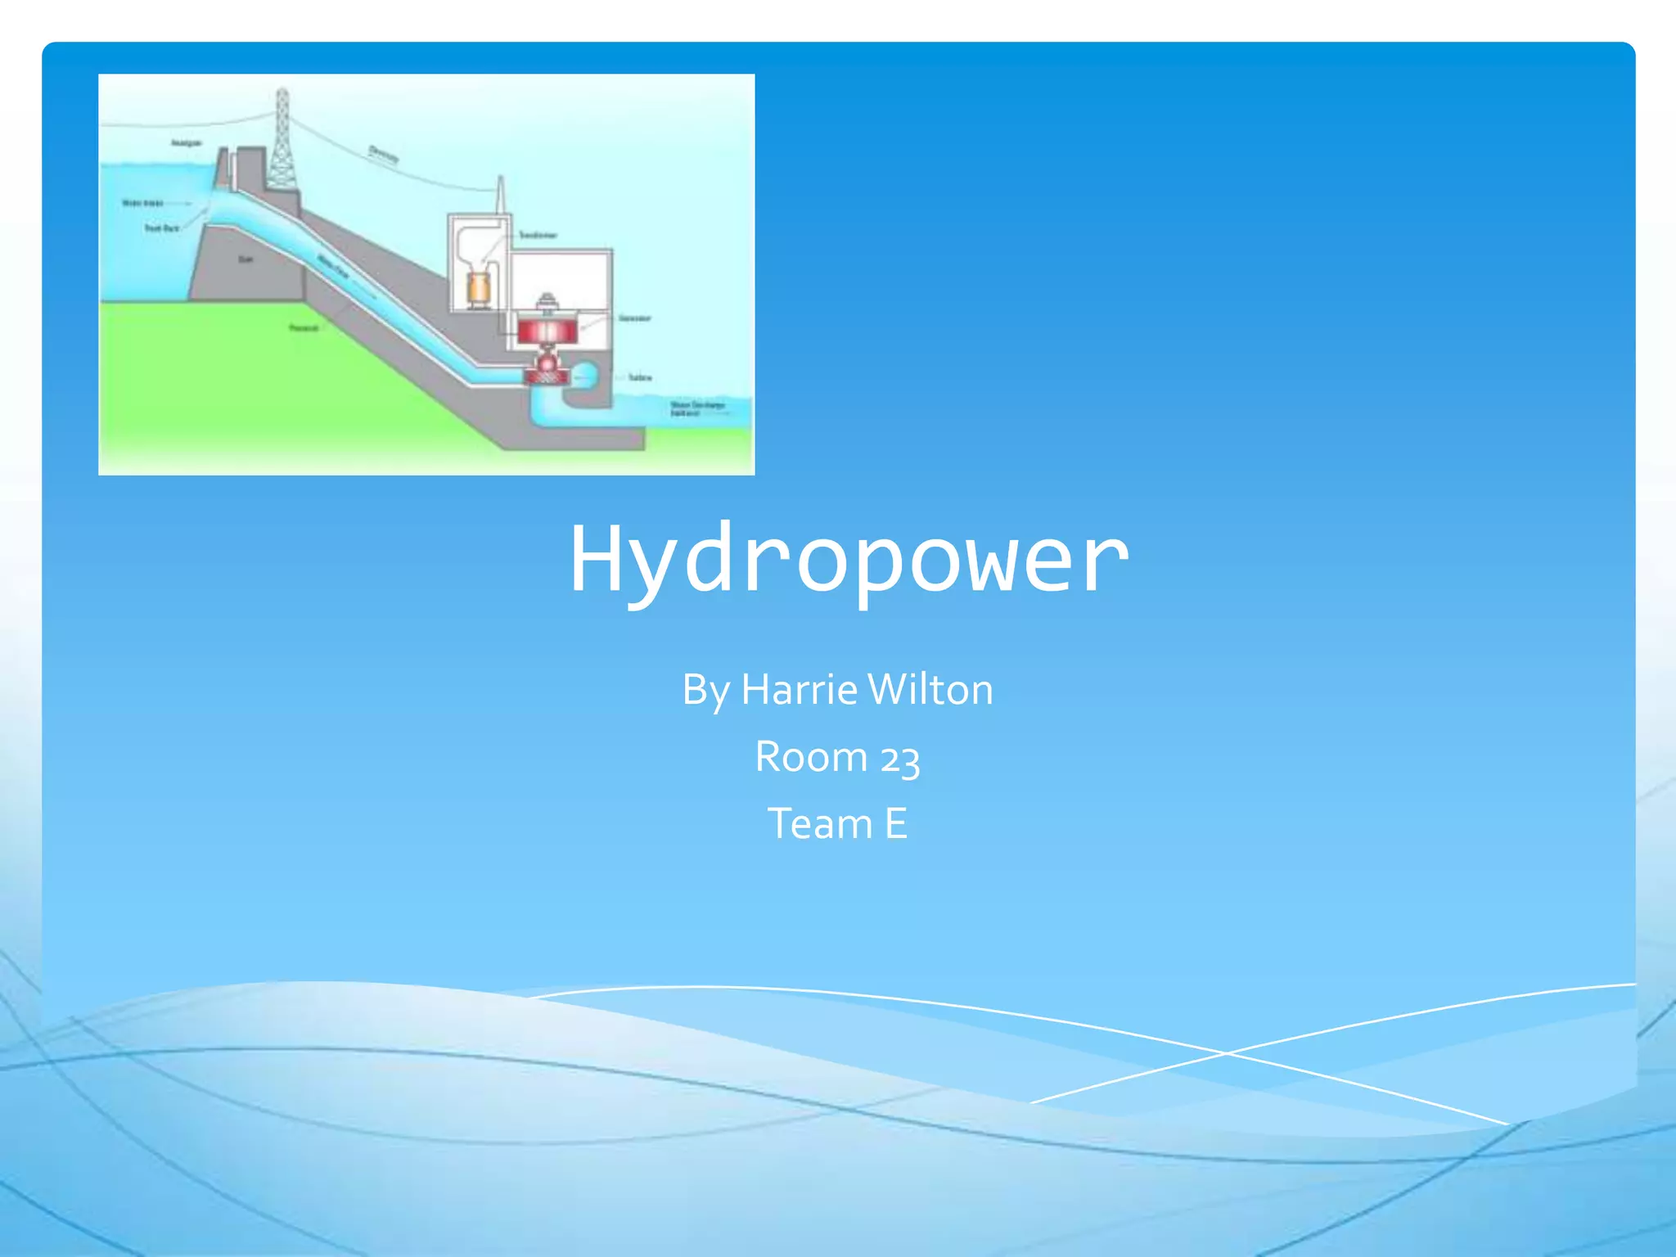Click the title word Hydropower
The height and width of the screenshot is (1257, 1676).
pos(849,560)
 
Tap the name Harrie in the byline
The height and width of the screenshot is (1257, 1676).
pos(799,690)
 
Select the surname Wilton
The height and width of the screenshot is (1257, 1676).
pos(930,690)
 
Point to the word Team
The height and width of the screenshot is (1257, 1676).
pos(819,823)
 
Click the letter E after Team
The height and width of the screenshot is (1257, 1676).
pos(896,823)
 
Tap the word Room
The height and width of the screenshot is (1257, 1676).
pos(810,757)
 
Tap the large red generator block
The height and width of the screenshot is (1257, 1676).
pos(547,330)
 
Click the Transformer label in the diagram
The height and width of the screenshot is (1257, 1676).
pos(538,236)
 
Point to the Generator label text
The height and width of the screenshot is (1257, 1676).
pos(634,318)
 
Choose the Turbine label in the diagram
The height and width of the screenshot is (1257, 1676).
pos(640,378)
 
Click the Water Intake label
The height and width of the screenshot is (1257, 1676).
pos(142,203)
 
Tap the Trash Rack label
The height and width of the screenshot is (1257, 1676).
pos(161,228)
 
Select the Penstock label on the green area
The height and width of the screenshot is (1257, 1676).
pos(304,328)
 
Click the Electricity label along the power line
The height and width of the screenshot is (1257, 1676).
pos(383,153)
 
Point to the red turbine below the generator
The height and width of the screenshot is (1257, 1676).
pos(547,372)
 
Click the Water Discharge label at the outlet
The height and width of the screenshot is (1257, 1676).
pos(696,408)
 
